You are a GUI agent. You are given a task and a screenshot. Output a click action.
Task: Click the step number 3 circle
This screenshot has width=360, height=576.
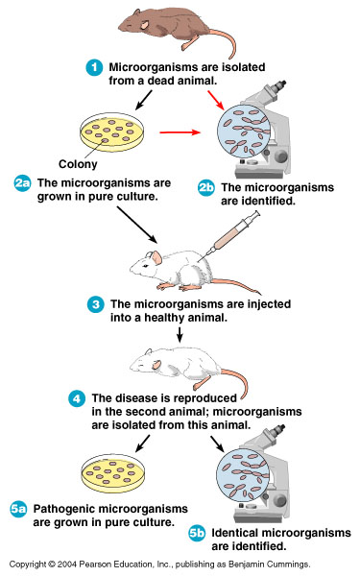(95, 304)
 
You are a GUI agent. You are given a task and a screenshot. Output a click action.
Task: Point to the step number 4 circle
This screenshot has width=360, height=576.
(76, 397)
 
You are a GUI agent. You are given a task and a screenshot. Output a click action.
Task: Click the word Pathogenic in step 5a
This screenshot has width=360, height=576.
(66, 508)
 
